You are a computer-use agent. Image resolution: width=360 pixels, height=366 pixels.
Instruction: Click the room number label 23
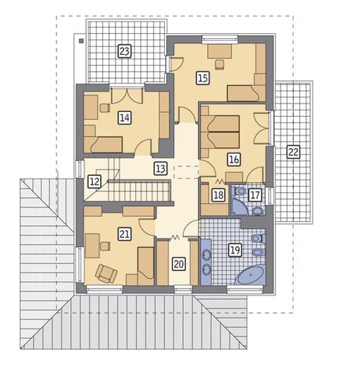(125, 51)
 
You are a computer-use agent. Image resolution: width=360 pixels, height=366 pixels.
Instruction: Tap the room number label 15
(203, 78)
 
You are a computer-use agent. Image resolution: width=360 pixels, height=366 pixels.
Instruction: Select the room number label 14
(125, 118)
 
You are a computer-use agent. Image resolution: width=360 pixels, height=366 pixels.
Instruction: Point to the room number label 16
(234, 159)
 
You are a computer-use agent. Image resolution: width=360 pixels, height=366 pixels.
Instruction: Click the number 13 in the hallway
(161, 168)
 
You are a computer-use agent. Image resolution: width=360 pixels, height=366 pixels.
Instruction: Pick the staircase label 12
(94, 182)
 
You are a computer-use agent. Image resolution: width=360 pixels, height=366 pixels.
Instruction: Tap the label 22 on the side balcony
(293, 152)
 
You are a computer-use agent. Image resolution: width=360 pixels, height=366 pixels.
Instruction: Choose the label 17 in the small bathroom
(255, 195)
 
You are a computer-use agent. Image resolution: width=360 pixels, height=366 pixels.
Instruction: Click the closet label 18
(218, 195)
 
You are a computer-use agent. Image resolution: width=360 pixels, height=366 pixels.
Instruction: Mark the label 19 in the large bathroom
(235, 250)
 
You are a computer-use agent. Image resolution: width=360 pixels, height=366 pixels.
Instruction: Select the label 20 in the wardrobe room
(179, 264)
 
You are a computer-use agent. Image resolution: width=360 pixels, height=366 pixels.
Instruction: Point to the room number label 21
(125, 234)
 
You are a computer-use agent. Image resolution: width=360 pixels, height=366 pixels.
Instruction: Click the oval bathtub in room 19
(250, 275)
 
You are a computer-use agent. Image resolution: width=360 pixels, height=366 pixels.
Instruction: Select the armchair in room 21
(106, 273)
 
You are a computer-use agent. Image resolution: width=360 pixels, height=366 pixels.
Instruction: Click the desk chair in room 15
(220, 64)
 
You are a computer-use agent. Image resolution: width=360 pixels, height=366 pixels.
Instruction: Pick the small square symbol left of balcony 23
(81, 41)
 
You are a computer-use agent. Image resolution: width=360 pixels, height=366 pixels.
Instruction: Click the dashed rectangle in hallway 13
(186, 172)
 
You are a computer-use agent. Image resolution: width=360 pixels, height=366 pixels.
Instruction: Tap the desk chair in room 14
(105, 108)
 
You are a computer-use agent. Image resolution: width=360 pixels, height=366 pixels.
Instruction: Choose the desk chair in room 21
(106, 246)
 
